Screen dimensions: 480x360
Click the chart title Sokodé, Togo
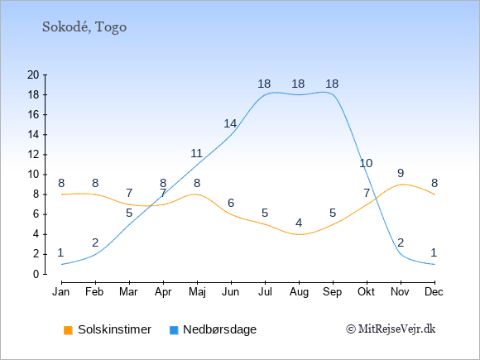pos(84,27)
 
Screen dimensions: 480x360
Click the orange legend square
pos(68,330)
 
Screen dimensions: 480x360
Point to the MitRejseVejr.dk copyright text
pos(391,329)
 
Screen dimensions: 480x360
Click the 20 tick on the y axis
pos(33,74)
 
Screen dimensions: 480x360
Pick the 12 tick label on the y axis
pos(33,155)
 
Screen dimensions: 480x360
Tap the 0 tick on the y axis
pos(36,274)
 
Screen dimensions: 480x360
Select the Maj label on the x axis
pos(197,292)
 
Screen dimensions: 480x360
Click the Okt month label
pos(366,292)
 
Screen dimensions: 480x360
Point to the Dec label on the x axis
pos(434,292)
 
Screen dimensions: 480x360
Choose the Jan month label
pos(61,292)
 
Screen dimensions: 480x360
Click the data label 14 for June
pos(230,123)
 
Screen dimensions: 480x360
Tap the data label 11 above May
pos(196,153)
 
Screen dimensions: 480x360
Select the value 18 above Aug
pos(298,84)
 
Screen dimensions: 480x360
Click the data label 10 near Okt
pos(366,164)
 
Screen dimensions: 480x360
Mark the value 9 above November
pos(401,173)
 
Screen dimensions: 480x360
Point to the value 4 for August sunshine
pos(299,223)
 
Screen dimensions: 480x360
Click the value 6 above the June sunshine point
pos(231,203)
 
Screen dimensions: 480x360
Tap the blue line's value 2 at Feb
pos(95,242)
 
